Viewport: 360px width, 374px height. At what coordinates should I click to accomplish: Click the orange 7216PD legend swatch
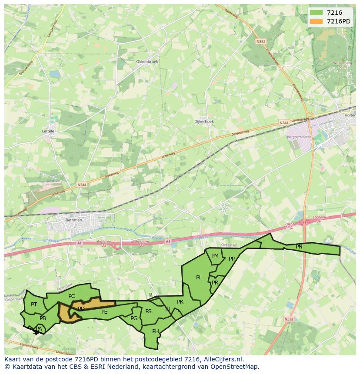(x=317, y=21)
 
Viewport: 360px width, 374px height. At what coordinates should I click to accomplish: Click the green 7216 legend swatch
(x=317, y=13)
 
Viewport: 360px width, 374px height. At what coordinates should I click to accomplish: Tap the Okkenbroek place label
(x=147, y=62)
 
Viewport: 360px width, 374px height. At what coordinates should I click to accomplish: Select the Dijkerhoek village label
(x=204, y=122)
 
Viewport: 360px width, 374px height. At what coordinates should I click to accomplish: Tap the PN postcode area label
(x=299, y=247)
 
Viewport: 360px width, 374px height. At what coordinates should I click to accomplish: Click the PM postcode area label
(x=215, y=256)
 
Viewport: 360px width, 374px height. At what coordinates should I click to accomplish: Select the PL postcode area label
(x=199, y=278)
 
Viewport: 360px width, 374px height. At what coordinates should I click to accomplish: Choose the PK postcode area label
(x=180, y=302)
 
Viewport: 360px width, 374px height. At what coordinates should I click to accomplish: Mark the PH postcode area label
(x=155, y=331)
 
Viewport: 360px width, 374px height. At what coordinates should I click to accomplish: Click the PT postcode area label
(x=34, y=304)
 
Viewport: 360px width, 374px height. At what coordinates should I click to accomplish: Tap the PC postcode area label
(x=72, y=296)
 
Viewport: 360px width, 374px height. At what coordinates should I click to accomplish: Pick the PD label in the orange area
(x=81, y=309)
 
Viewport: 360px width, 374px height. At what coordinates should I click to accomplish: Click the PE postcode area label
(x=104, y=312)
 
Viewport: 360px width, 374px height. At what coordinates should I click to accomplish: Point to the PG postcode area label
(x=133, y=318)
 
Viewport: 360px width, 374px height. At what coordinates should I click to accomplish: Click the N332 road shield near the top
(x=260, y=42)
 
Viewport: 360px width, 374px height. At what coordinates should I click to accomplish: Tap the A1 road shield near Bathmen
(x=79, y=243)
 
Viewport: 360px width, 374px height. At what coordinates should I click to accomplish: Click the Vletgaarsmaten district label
(x=299, y=137)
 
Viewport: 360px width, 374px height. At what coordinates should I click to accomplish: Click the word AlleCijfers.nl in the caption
(x=223, y=359)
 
